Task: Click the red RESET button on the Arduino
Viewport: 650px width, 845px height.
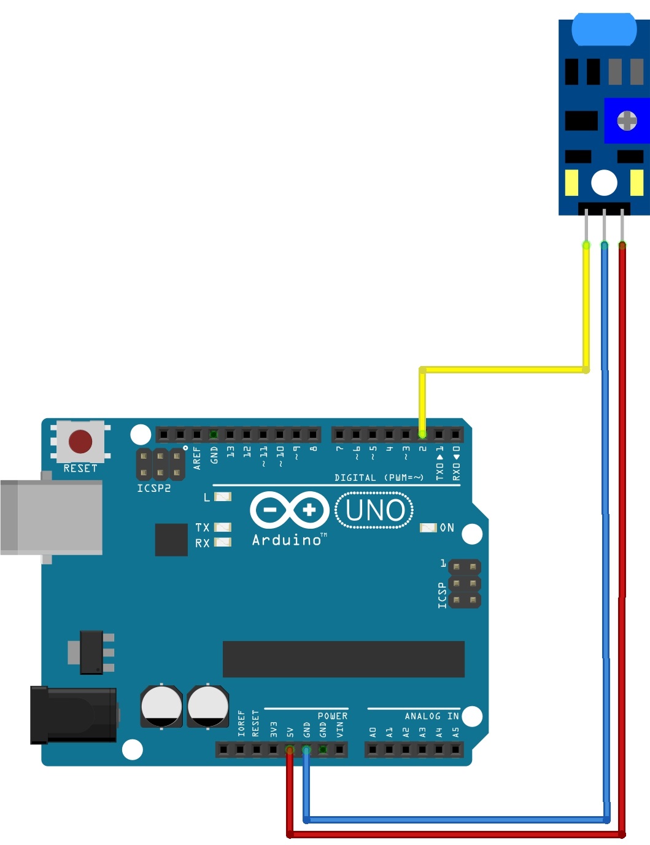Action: click(x=80, y=442)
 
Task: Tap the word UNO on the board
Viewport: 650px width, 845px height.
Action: click(x=375, y=510)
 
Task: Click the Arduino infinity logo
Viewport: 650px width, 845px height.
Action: click(x=290, y=510)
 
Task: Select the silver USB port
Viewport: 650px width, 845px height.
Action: click(x=52, y=517)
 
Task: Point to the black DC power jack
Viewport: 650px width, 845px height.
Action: click(x=74, y=715)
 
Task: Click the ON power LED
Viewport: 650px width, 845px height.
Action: click(x=428, y=528)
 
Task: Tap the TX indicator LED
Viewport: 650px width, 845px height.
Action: click(x=222, y=528)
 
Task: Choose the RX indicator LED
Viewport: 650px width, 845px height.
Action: click(x=222, y=542)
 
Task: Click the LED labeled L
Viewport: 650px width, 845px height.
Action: click(x=222, y=496)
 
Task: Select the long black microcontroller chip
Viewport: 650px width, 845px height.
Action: click(x=343, y=659)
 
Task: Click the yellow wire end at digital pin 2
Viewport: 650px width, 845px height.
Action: click(x=422, y=434)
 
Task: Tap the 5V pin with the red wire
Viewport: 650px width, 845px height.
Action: click(x=290, y=750)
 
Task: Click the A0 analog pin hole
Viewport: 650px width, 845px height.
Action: click(x=373, y=750)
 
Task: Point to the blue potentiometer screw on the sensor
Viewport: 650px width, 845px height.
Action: click(x=627, y=120)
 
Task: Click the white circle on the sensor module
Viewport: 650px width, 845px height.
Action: click(x=604, y=182)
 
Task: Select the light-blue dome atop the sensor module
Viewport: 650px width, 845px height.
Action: click(x=604, y=29)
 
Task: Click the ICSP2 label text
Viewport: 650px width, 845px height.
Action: click(x=153, y=488)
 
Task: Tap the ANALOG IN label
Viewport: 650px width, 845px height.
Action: click(x=431, y=716)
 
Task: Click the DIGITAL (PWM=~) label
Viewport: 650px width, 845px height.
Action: click(x=379, y=477)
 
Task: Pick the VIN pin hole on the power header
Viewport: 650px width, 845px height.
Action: click(x=339, y=750)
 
